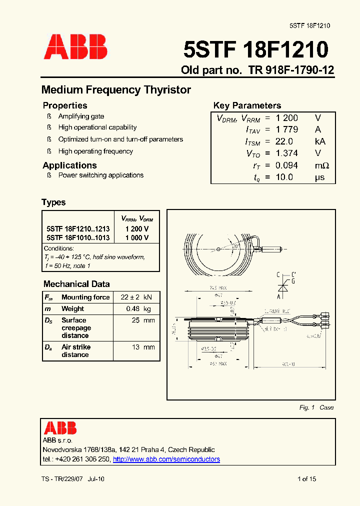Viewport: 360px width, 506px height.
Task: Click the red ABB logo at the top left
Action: point(75,47)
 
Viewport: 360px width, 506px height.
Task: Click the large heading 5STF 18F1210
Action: point(255,50)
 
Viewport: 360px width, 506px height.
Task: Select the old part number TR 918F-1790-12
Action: point(291,70)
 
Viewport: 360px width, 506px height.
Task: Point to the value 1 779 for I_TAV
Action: point(287,129)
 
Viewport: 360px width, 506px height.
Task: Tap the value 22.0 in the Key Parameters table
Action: point(284,141)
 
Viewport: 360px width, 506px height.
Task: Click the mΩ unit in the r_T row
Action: point(322,165)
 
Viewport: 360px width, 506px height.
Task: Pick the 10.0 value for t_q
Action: point(284,177)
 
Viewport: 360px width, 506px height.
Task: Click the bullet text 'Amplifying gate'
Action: point(81,116)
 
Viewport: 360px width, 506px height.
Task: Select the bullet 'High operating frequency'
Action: point(95,151)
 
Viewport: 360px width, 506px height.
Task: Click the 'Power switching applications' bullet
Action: point(101,175)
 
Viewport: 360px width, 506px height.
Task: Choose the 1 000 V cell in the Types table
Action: point(137,238)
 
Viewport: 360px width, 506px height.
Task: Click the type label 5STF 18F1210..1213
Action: point(77,228)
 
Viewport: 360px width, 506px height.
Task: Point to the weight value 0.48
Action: point(132,309)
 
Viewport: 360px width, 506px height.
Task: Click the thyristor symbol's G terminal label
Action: point(293,281)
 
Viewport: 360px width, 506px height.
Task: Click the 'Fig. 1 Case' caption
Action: point(316,407)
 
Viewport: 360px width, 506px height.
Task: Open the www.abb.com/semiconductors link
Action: point(166,459)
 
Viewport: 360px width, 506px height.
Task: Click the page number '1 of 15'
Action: point(306,479)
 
